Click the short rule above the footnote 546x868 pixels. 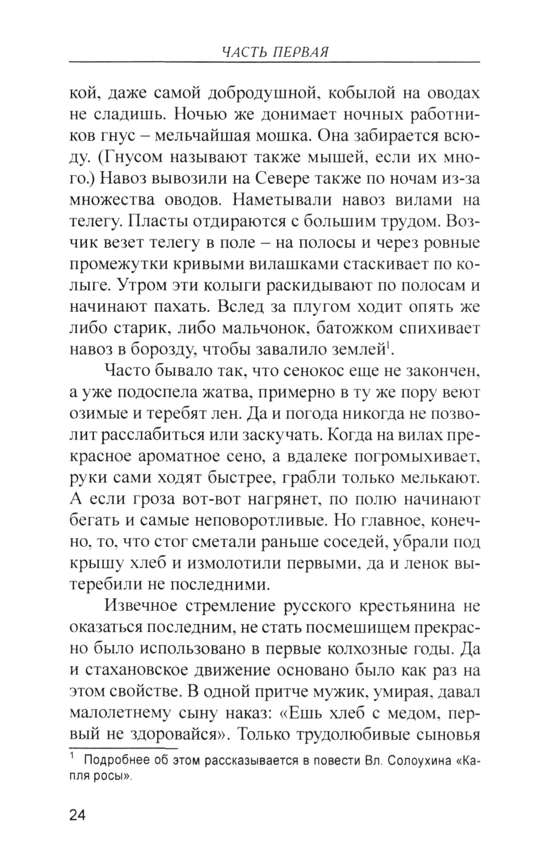(124, 748)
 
